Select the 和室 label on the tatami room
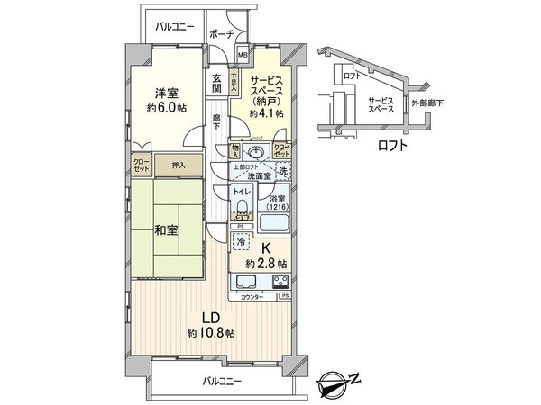(166, 229)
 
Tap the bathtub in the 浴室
(276, 222)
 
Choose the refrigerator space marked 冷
(242, 241)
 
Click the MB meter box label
(243, 55)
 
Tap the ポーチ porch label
(221, 34)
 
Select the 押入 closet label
(179, 165)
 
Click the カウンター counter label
(252, 296)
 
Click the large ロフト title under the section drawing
(391, 145)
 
